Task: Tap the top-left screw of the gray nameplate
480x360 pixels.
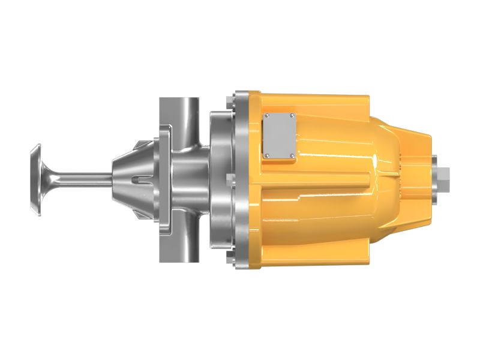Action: tap(267, 115)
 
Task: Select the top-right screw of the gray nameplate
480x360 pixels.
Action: tap(292, 115)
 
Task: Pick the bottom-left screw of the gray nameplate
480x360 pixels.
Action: tap(267, 157)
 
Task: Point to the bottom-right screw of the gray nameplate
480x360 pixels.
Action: tap(292, 157)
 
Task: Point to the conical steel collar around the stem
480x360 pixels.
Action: tap(127, 168)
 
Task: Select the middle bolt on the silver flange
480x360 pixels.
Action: tap(228, 178)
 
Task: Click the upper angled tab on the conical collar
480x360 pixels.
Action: tap(139, 145)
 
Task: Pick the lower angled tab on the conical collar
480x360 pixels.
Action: tap(139, 211)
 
